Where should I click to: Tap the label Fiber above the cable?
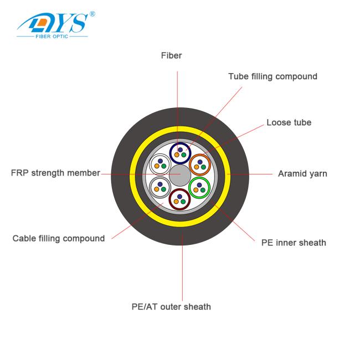171,55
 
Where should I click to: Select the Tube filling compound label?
272,76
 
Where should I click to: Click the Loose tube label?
289,122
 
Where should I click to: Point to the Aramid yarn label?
302,174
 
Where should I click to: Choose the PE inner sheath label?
294,243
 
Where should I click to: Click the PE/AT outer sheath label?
171,307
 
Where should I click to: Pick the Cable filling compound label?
59,238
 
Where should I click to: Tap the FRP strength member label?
55,173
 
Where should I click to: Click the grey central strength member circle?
180,176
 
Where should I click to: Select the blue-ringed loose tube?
181,153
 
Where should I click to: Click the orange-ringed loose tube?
200,165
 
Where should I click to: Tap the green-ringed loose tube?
199,188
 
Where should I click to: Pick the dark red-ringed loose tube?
180,199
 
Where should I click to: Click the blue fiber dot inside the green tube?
199,185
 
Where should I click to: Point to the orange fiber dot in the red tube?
176,202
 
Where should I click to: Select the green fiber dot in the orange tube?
203,167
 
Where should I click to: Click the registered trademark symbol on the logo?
92,14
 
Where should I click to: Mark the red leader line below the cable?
182,266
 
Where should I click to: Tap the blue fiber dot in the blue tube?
180,150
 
